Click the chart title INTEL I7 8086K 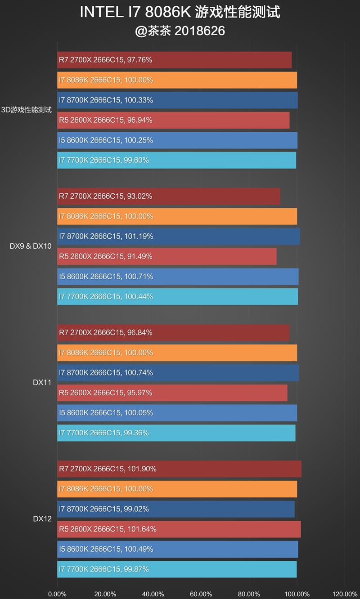pyautogui.click(x=180, y=12)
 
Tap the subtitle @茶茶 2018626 pyautogui.click(x=180, y=31)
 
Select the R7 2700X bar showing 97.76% pyautogui.click(x=174, y=60)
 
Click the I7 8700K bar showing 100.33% pyautogui.click(x=177, y=100)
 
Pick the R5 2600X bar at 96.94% pyautogui.click(x=173, y=120)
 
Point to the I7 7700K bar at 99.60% pyautogui.click(x=176, y=160)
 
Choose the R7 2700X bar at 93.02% pyautogui.click(x=168, y=196)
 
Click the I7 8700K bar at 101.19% pyautogui.click(x=178, y=236)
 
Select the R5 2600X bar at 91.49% pyautogui.click(x=166, y=256)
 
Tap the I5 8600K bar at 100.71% pyautogui.click(x=178, y=277)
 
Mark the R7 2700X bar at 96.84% pyautogui.click(x=173, y=332)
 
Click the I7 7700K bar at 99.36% pyautogui.click(x=176, y=433)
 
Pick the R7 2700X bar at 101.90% pyautogui.click(x=179, y=469)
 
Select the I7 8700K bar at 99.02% pyautogui.click(x=175, y=509)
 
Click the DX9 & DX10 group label pyautogui.click(x=31, y=246)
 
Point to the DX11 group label pyautogui.click(x=42, y=383)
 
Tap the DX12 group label pyautogui.click(x=42, y=519)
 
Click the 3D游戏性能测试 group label pyautogui.click(x=27, y=110)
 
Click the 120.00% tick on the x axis pyautogui.click(x=345, y=594)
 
